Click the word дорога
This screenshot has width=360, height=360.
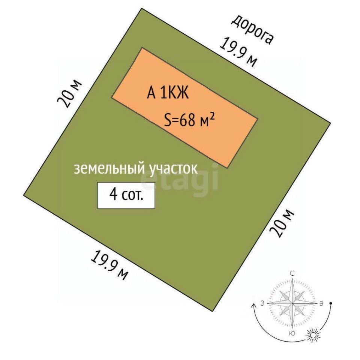tap(252, 30)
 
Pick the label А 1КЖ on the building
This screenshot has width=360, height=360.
tap(167, 92)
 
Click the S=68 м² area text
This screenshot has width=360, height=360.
tap(189, 120)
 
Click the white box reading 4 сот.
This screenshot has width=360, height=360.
tap(126, 195)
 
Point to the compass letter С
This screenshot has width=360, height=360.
tap(292, 273)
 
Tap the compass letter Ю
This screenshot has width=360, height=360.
tap(292, 333)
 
